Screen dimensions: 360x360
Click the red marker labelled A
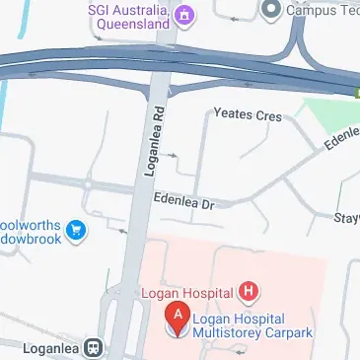(178, 318)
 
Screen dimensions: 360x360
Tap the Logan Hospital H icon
(250, 292)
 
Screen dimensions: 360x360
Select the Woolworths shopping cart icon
(76, 233)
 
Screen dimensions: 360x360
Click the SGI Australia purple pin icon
(183, 14)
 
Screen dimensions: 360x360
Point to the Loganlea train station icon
(94, 348)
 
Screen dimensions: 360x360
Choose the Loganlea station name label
(39, 348)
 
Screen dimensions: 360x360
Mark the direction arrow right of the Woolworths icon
(123, 231)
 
